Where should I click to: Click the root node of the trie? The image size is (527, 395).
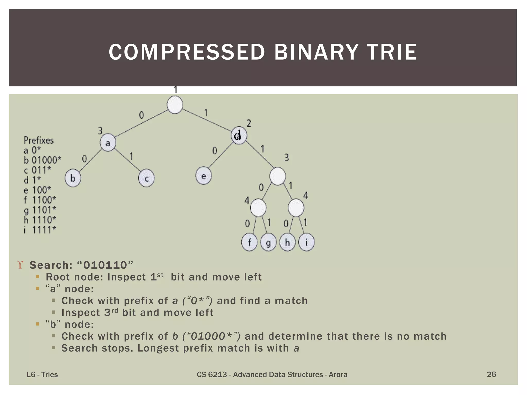(x=175, y=105)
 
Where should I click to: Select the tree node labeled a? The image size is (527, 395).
(x=108, y=143)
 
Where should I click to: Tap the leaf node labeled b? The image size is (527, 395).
(x=73, y=178)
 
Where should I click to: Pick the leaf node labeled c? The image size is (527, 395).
(x=146, y=178)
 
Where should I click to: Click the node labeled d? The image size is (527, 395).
(x=239, y=135)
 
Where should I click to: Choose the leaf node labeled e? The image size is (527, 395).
(x=204, y=176)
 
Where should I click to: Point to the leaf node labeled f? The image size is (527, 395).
(x=249, y=242)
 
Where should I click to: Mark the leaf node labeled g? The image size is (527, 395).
(x=268, y=242)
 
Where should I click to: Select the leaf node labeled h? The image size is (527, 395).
(x=287, y=242)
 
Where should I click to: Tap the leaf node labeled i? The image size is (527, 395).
(x=306, y=242)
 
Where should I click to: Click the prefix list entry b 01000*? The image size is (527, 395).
(x=42, y=160)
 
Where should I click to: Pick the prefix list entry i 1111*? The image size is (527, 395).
(x=40, y=230)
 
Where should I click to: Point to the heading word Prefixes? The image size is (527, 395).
(x=39, y=140)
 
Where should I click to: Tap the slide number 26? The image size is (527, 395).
(x=491, y=374)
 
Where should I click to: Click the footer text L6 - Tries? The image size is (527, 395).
(x=42, y=374)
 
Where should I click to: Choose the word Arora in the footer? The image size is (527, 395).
(x=338, y=374)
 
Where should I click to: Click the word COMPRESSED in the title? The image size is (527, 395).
(x=187, y=52)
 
